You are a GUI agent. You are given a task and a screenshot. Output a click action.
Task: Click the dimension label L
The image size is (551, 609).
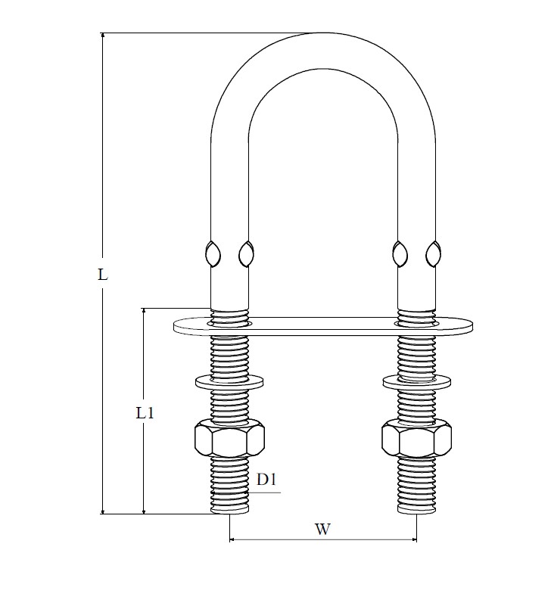coord(102,275)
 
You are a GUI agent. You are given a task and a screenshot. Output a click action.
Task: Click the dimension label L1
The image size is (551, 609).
coord(145,413)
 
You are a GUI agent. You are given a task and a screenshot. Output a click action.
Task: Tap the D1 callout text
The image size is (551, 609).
coord(266,480)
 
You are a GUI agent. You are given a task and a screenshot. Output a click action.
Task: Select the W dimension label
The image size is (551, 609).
coord(322,529)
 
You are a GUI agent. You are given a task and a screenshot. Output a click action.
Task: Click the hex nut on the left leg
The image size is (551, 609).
coord(229,438)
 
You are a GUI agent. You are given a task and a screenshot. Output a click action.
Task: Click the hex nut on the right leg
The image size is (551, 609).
coord(416,438)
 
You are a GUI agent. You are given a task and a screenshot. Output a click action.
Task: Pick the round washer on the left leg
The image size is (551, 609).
coord(229,382)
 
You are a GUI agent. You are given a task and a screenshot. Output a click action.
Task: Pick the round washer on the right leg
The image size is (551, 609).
coord(417,382)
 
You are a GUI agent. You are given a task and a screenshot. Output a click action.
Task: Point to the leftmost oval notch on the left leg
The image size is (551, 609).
coord(213,253)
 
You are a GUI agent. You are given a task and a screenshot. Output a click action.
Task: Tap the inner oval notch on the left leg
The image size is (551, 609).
coord(246,253)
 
